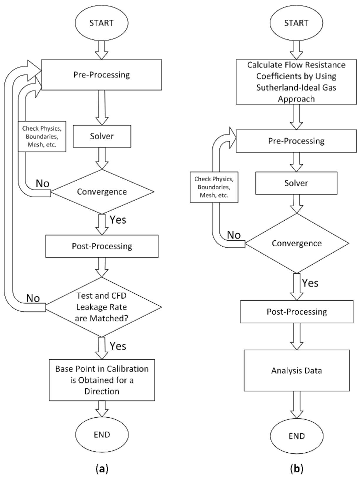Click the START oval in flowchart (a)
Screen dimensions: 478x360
coord(101,23)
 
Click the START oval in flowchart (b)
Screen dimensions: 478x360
coord(296,23)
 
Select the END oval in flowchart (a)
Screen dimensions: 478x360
coord(102,434)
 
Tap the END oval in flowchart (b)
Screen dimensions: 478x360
coord(297,436)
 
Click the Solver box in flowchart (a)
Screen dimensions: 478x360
coord(102,136)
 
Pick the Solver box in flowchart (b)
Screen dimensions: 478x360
coord(296,183)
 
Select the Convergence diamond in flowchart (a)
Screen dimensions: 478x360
coord(102,192)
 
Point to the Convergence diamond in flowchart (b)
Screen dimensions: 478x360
coord(297,243)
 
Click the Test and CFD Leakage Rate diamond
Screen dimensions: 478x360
coord(102,307)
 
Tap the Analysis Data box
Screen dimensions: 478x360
coord(297,370)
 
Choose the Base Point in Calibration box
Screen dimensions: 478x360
coord(102,380)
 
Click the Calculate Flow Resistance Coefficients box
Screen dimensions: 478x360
coord(296,82)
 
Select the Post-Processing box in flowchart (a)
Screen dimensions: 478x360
coord(102,246)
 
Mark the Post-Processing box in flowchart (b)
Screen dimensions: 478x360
coord(297,312)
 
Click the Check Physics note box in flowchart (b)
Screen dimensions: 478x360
coord(214,187)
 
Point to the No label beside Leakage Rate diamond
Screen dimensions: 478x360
coord(33,298)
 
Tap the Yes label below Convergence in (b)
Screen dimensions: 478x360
coord(310,283)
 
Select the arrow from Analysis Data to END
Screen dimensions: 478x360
coord(297,404)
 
